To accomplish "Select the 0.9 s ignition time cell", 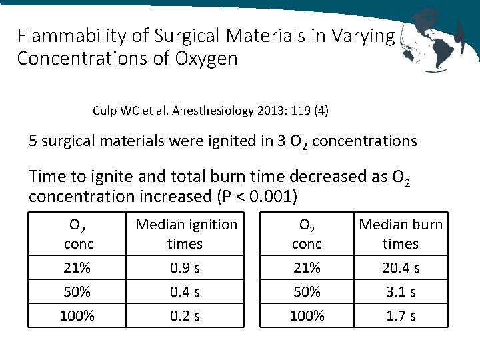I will (x=185, y=268).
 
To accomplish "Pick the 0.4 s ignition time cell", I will (x=185, y=292).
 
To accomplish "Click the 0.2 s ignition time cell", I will (x=185, y=316).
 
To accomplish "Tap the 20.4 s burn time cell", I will (x=401, y=268).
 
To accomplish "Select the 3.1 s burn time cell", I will (x=401, y=292).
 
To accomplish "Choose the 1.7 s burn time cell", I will (x=401, y=316).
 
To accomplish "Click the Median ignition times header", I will (x=186, y=234).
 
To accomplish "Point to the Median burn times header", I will (x=401, y=234).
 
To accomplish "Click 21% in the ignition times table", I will (x=77, y=268).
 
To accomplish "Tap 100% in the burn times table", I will (x=307, y=316).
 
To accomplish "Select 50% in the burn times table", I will (x=307, y=292).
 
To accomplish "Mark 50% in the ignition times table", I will (x=77, y=292).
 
